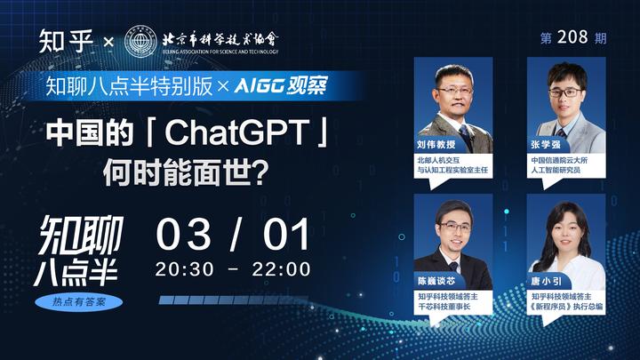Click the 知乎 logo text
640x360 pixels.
coord(66,40)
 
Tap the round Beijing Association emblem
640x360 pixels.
coord(143,41)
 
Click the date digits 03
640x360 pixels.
coord(184,235)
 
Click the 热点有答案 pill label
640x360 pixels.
coord(80,302)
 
